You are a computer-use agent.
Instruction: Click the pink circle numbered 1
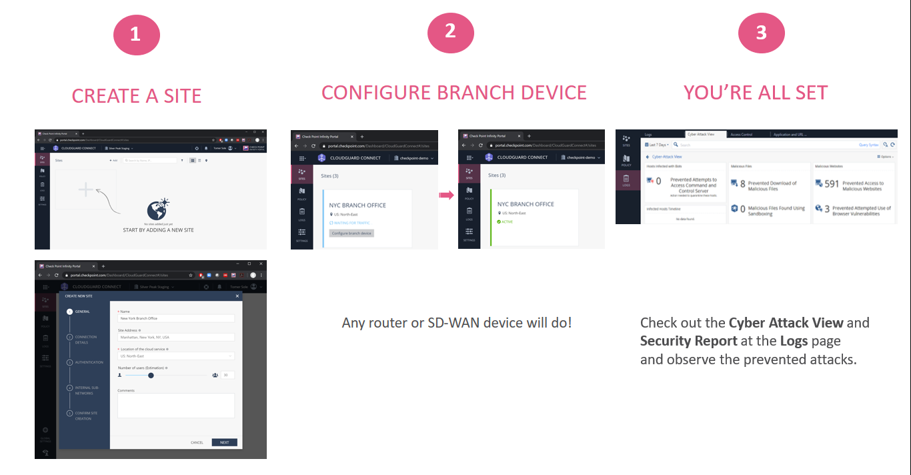click(136, 34)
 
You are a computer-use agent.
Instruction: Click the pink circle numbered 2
click(450, 31)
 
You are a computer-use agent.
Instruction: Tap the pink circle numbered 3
click(761, 33)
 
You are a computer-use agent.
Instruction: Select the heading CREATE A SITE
click(136, 96)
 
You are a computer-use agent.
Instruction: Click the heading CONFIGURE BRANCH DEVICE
click(454, 93)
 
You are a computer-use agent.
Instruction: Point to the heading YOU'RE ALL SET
click(755, 93)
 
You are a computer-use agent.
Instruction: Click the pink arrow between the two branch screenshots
click(446, 195)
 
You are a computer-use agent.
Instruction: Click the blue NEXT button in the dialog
click(224, 442)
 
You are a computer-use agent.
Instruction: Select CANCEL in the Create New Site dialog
click(197, 442)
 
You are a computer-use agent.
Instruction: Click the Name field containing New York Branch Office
click(175, 319)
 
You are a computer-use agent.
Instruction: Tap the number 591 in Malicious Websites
click(832, 184)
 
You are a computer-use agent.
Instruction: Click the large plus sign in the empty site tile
click(85, 190)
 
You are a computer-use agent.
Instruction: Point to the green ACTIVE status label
click(508, 222)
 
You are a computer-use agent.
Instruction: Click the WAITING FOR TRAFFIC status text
click(351, 223)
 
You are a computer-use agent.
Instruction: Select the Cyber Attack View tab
click(701, 135)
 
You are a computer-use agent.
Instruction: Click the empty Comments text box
click(175, 406)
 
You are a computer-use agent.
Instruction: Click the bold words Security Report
click(688, 341)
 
